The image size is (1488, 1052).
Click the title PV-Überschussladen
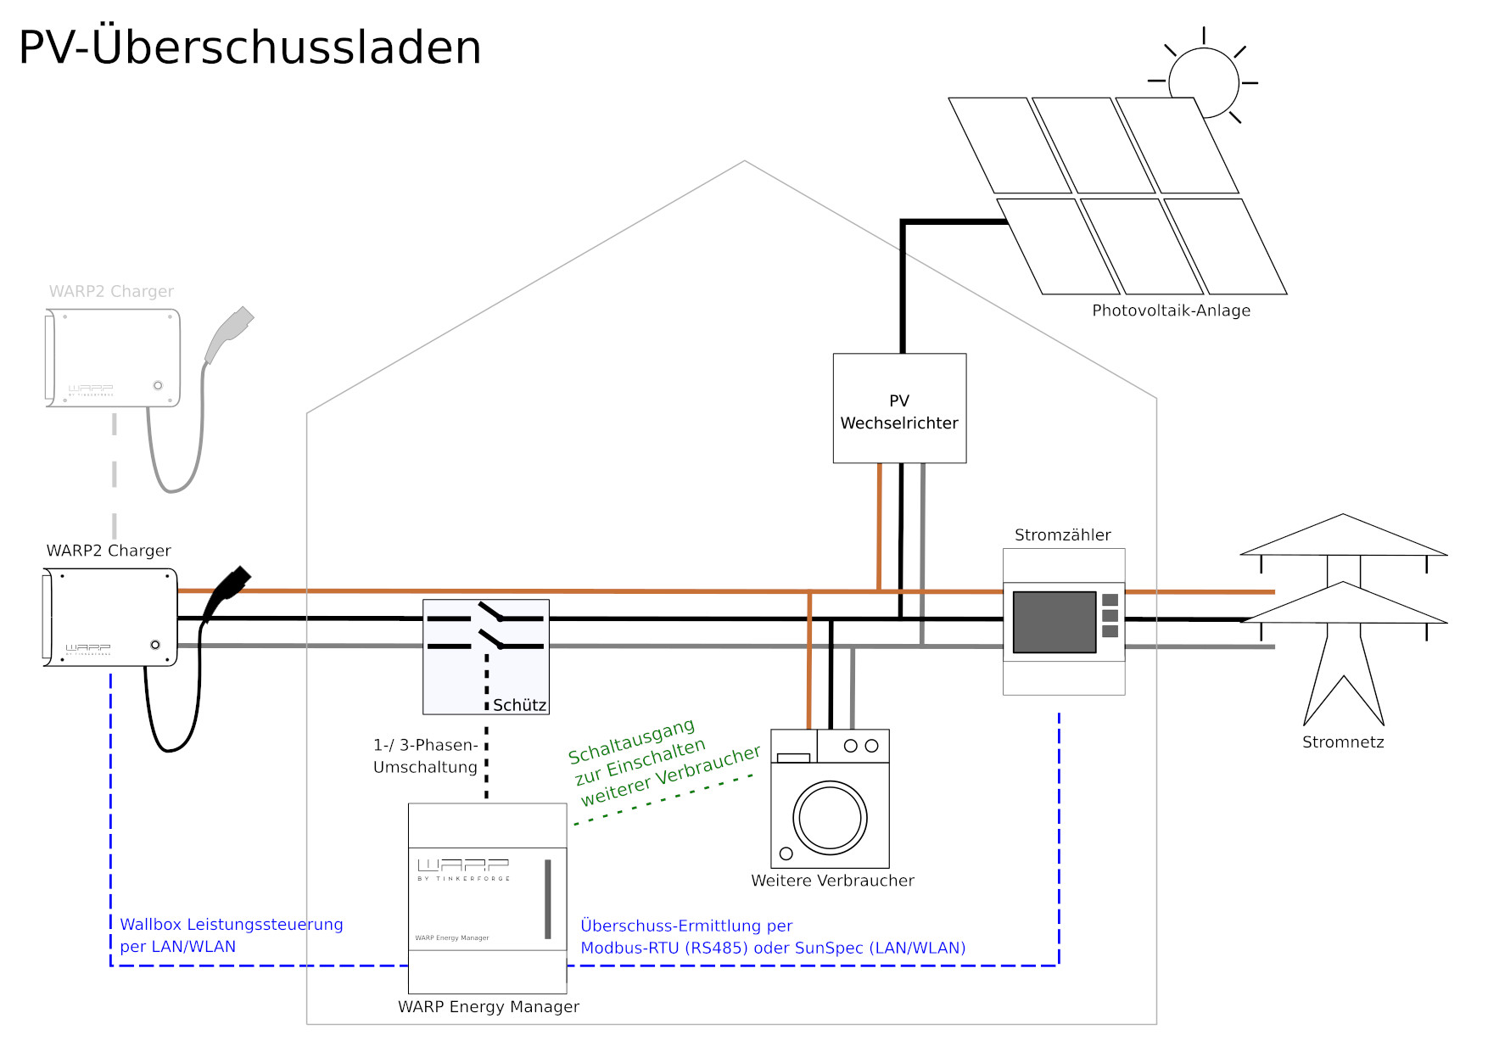point(249,48)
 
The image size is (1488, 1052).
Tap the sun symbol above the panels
point(1203,82)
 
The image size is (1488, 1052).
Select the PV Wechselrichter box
point(899,408)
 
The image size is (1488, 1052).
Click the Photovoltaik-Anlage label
point(1171,311)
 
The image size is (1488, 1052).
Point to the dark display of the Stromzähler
point(1054,622)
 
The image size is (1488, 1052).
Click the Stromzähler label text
point(1062,535)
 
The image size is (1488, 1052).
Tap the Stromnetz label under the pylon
point(1343,742)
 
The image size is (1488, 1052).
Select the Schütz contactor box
point(485,656)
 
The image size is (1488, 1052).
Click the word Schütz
point(519,705)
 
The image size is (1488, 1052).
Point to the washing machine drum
point(830,818)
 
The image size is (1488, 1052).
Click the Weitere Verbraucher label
point(832,881)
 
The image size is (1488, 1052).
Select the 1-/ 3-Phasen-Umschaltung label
point(425,756)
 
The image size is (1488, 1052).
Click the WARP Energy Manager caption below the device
point(488,1007)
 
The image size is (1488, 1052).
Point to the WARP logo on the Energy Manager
point(463,865)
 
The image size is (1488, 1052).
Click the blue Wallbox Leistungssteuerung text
point(231,925)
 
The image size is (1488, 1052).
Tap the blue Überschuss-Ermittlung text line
point(686,926)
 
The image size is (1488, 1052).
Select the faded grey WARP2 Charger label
point(111,292)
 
